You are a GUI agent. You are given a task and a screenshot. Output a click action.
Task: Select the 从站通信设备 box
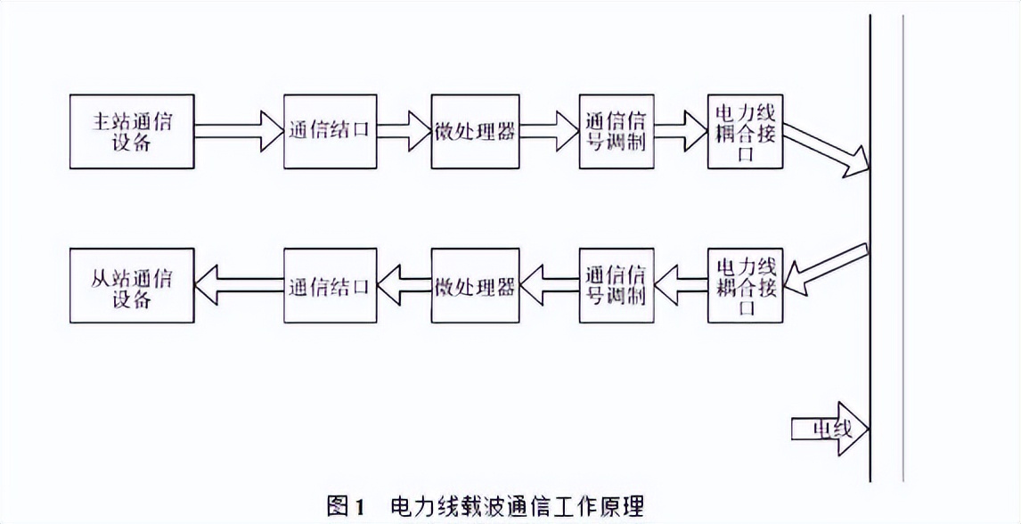point(132,285)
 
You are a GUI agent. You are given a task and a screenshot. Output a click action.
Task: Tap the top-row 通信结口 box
point(329,131)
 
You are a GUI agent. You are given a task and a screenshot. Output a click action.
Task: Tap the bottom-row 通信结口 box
point(329,286)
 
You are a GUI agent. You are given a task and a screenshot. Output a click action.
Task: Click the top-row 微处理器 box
point(475,131)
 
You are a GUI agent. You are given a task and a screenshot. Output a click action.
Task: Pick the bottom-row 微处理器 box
point(475,286)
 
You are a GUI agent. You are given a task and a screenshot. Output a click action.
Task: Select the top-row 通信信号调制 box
point(616,131)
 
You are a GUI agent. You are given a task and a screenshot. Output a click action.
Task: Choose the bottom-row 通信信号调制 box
point(616,286)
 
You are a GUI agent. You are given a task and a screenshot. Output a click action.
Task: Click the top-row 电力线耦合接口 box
point(746,131)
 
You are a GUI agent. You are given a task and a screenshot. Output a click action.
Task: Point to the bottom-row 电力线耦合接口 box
point(746,286)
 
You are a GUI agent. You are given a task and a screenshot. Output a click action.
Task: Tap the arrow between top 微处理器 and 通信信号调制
point(549,131)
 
